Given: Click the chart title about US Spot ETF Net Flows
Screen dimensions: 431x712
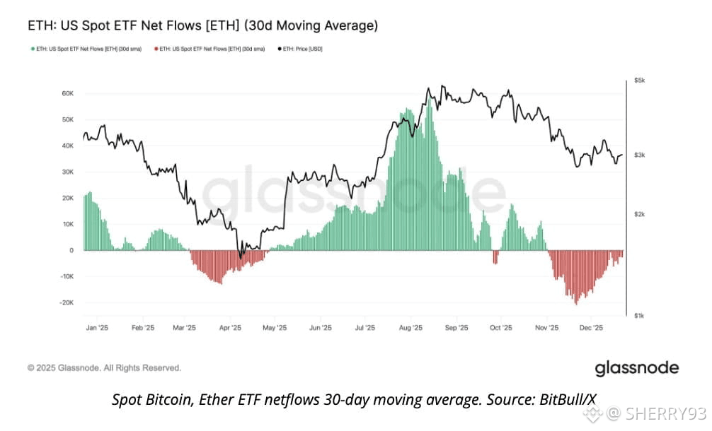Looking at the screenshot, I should coord(202,26).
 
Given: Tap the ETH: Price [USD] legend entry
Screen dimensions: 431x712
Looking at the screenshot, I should coord(303,48).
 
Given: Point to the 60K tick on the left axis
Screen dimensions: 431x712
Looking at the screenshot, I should coord(67,93).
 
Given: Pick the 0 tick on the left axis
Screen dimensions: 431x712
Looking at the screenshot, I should coord(71,250).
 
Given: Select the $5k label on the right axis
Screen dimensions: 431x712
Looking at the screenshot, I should coord(639,81).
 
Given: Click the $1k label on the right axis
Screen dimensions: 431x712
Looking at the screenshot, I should coord(639,315).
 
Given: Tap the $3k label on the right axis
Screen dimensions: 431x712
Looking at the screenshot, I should coord(639,155).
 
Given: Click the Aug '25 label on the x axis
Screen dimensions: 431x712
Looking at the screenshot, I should coord(410,328).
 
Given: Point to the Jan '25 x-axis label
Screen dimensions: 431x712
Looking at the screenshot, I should coord(97,328).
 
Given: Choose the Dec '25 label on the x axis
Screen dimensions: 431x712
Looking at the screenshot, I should coord(591,328).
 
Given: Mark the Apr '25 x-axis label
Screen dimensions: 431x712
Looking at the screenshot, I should coord(230,328).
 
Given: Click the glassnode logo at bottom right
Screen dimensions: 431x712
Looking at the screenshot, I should coord(636,368).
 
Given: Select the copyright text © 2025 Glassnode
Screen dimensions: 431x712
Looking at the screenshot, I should coord(104,368).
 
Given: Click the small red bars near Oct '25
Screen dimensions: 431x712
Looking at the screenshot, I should coord(495,257).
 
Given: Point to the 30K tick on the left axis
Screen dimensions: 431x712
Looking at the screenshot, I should coord(67,172).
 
